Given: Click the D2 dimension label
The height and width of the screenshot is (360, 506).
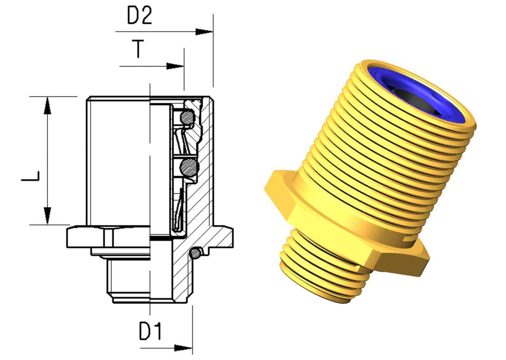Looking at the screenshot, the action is coord(139,16).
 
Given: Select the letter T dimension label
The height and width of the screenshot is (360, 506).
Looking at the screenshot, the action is coord(138,49).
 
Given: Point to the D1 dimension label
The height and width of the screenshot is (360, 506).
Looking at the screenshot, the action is coord(150,331).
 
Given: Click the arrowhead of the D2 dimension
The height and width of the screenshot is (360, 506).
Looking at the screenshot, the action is coord(204,31).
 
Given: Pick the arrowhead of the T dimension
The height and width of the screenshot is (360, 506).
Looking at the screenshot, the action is coord(175,66).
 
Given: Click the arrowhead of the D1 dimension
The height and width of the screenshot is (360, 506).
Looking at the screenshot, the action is coord(183,348).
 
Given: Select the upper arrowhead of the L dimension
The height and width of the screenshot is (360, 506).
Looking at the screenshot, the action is coord(48,105).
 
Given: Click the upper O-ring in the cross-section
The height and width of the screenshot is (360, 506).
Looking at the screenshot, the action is coord(187,117).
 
